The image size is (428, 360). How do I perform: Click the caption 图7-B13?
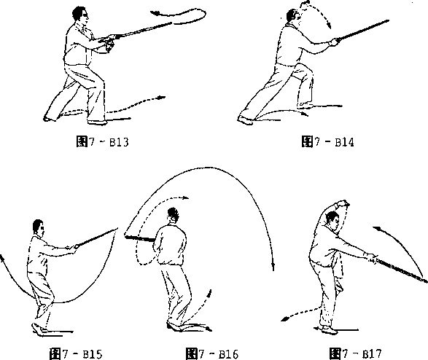[102, 142]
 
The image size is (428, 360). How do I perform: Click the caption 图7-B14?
[328, 142]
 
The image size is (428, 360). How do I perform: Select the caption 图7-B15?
[76, 353]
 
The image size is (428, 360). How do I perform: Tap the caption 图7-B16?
[212, 353]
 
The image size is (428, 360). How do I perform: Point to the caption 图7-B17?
[355, 353]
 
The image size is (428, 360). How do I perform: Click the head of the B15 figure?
[38, 227]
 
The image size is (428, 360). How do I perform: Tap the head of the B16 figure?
[173, 215]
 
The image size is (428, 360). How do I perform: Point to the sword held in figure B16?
[140, 238]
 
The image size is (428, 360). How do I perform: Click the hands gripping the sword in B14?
[334, 42]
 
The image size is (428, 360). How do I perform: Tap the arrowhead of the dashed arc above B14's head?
[330, 26]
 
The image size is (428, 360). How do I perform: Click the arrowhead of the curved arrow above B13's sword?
[155, 12]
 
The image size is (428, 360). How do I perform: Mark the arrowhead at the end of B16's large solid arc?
[273, 267]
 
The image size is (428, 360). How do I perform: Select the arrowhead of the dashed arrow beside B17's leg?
[284, 318]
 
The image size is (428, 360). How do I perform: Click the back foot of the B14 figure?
[245, 120]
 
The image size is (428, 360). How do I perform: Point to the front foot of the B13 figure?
[98, 122]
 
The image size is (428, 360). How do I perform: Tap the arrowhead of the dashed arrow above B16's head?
[185, 197]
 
